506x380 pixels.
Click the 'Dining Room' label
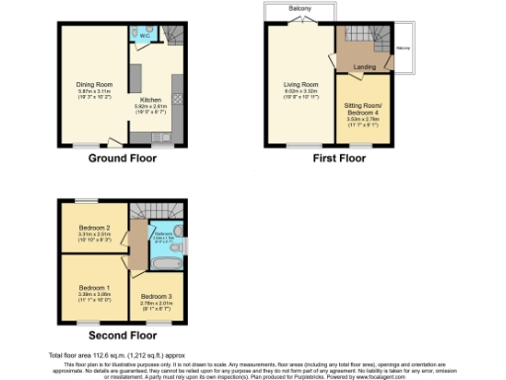[95, 84]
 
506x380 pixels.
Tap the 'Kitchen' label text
[151, 100]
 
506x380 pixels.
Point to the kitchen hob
[176, 99]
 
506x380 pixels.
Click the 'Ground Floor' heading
[122, 158]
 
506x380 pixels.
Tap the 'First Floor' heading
[326, 158]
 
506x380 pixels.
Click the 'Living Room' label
[302, 85]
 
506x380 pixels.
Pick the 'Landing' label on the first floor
[365, 66]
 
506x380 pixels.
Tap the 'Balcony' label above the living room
[301, 9]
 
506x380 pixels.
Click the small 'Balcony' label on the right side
[403, 47]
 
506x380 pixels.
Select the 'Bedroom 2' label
[95, 228]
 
